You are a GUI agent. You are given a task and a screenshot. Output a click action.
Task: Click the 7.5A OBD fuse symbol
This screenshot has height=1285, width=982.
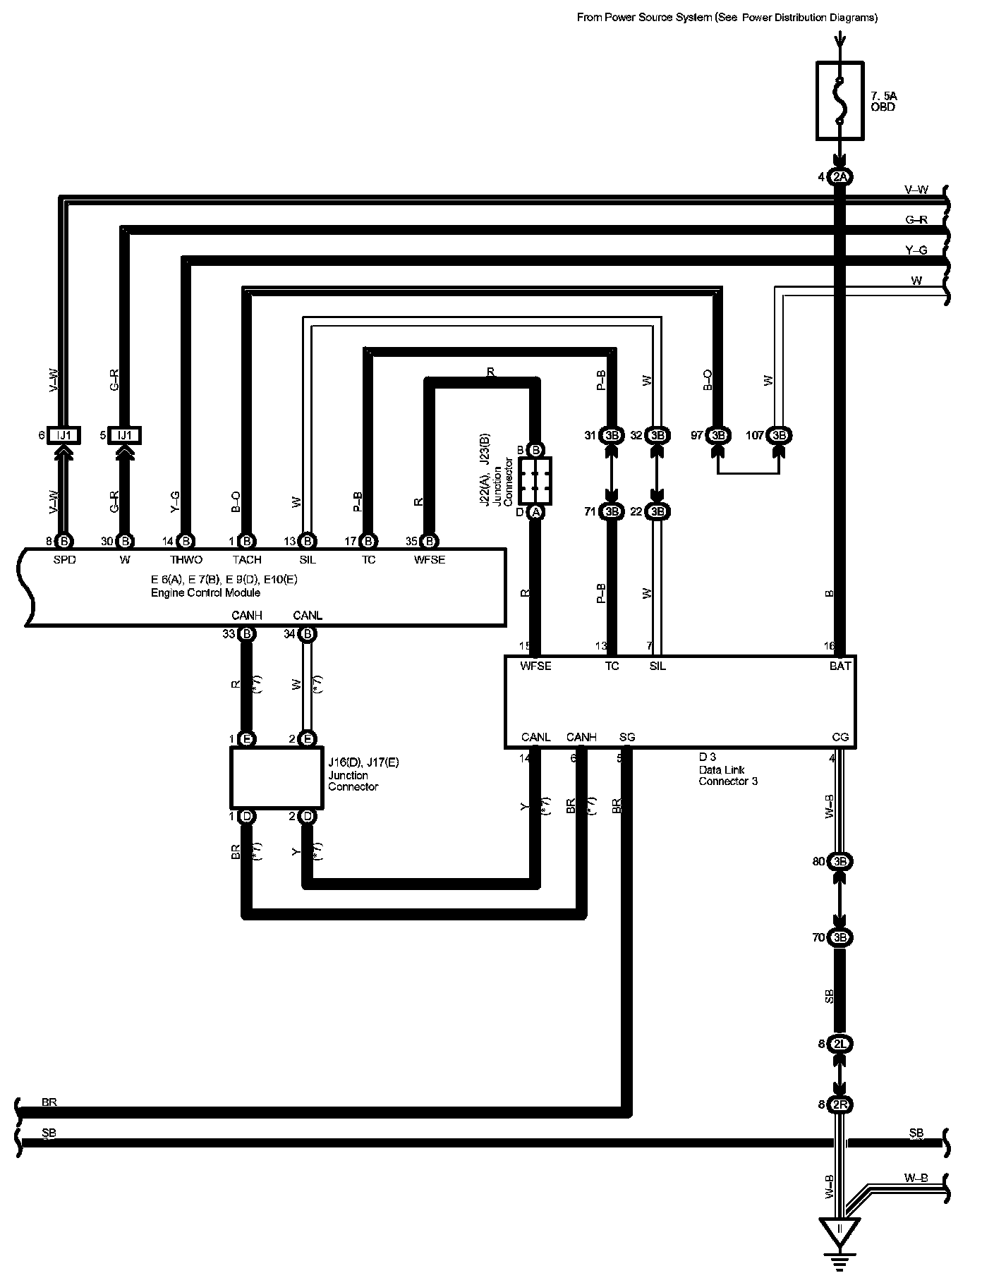coord(839,100)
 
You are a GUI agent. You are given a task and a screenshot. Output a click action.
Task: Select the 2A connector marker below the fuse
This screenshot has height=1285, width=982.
coord(839,177)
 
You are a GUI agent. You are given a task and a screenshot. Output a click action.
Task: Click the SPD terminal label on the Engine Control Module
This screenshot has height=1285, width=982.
coord(64,560)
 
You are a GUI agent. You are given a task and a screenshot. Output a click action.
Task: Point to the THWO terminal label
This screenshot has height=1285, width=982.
coord(186,560)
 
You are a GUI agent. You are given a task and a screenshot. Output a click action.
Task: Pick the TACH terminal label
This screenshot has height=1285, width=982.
coord(247,560)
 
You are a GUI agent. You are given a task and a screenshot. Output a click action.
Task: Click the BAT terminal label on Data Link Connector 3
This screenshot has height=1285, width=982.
coord(840,666)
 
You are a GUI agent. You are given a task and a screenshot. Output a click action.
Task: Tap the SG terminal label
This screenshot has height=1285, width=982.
coord(627,737)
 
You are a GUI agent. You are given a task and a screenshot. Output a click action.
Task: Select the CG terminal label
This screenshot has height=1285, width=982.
coord(840,737)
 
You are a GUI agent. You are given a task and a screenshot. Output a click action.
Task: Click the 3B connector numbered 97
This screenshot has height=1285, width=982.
coord(718,436)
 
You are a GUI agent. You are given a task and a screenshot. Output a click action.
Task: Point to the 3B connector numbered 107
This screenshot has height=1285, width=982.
coord(779,436)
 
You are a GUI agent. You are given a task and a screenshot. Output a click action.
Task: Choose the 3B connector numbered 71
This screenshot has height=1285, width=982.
coord(612,511)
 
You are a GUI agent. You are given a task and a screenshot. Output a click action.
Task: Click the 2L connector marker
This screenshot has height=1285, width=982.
coord(839,1044)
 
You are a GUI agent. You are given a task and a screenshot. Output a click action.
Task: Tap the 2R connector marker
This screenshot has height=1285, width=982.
coord(839,1104)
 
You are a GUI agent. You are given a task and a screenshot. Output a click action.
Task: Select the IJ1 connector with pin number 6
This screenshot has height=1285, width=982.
coord(64,436)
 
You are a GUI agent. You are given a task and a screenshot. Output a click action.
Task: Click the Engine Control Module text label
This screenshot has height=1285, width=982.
coord(205,592)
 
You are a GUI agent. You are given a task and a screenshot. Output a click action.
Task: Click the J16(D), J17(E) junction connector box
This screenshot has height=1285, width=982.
coord(277,778)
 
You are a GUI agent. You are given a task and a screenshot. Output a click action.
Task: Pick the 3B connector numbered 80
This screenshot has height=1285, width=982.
coord(839,862)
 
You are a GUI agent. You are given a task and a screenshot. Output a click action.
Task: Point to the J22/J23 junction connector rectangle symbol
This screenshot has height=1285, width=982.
coord(535,481)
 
